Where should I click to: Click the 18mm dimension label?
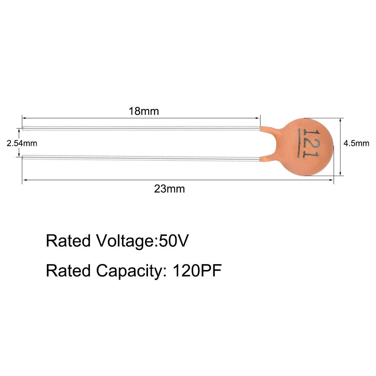[144, 111]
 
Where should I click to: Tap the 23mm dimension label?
[169, 189]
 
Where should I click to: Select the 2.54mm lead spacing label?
[22, 143]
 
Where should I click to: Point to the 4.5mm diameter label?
[356, 143]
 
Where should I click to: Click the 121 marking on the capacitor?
[311, 144]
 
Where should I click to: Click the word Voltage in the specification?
[125, 241]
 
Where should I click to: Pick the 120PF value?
[197, 271]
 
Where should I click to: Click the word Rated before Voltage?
[68, 241]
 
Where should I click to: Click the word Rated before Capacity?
[68, 271]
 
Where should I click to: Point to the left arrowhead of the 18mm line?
[24, 118]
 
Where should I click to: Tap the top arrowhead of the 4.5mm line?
[340, 120]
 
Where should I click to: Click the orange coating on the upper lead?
[267, 129]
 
